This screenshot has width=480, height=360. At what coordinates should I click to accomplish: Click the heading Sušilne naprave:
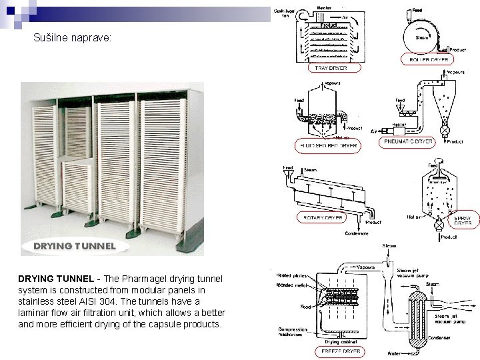coord(73,39)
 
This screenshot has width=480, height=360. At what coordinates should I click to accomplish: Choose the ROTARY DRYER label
coord(323,217)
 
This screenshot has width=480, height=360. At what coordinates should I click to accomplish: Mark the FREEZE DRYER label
coord(341,351)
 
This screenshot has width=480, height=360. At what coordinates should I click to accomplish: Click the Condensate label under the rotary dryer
coord(358,233)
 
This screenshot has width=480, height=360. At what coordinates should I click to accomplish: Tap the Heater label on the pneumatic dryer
coord(399,124)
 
